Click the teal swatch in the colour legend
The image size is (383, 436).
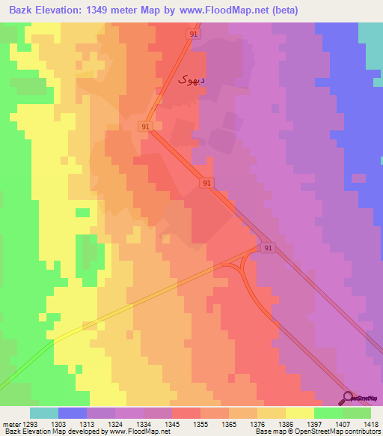click(44, 413)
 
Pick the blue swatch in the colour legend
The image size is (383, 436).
click(73, 413)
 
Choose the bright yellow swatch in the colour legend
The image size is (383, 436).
click(300, 413)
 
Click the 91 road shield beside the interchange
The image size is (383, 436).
click(268, 247)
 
